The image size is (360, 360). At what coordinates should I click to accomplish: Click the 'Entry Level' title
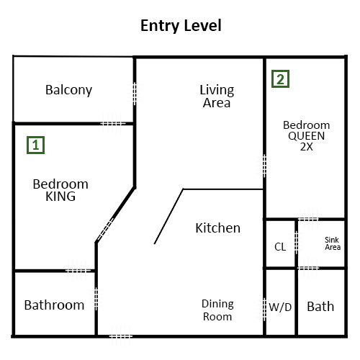(181, 26)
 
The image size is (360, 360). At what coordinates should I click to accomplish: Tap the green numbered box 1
(35, 145)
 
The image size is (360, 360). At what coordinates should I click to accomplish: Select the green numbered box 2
(280, 78)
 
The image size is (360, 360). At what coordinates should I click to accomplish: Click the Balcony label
(68, 90)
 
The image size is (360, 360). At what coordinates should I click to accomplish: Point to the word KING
(60, 197)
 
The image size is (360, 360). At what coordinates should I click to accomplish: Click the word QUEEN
(307, 136)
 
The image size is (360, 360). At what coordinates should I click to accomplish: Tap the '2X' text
(307, 147)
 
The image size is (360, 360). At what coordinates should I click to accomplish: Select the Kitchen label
(217, 228)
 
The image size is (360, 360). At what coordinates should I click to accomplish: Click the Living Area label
(217, 96)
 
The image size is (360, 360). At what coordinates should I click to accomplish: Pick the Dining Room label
(217, 310)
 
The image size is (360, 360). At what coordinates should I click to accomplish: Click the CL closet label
(280, 247)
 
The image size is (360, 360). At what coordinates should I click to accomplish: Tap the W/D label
(280, 307)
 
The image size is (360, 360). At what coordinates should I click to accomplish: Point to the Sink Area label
(333, 243)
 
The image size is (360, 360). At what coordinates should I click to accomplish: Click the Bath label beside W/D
(320, 307)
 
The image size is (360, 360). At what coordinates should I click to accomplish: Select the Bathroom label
(54, 305)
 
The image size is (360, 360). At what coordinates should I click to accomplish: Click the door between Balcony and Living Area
(135, 94)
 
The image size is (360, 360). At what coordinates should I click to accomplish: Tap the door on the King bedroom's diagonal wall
(106, 230)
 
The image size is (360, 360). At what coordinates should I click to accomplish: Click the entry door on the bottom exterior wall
(121, 336)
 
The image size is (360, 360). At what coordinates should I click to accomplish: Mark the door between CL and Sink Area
(296, 243)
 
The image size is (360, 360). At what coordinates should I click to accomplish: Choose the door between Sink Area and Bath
(308, 268)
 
